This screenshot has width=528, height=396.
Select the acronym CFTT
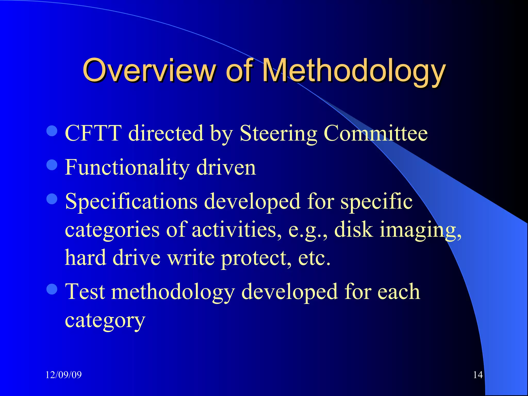[x=93, y=133]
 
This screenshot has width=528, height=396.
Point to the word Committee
[x=375, y=133]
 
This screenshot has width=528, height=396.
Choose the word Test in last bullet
[x=85, y=292]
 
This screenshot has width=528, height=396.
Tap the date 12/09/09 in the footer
[x=63, y=375]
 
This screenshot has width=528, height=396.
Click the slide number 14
[x=478, y=375]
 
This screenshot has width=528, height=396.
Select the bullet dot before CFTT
[x=52, y=131]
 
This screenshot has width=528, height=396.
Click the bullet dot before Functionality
[x=52, y=165]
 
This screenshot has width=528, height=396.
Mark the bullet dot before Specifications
[x=52, y=199]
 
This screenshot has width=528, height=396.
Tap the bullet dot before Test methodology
[x=52, y=289]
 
